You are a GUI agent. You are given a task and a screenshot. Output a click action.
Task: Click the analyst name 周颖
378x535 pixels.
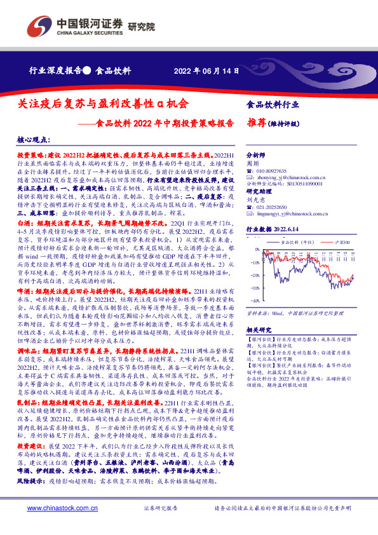(x=251, y=163)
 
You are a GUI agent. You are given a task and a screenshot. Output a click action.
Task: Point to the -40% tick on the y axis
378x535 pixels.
(x=253, y=299)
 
